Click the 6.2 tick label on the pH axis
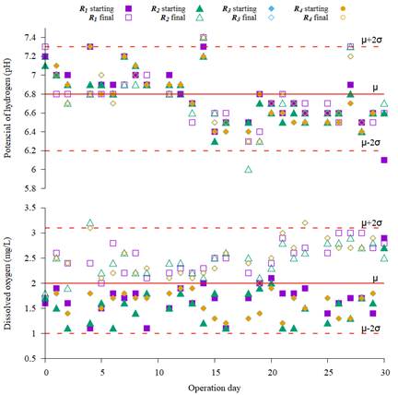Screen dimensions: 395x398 click(28, 150)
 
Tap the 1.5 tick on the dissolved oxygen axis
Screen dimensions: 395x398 click(28, 308)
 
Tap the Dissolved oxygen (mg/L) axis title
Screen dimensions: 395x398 click(8, 271)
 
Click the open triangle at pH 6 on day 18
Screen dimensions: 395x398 click(249, 169)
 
